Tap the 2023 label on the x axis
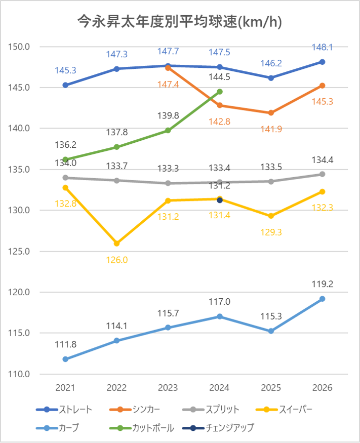pos(168,388)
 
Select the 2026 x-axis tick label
pos(322,388)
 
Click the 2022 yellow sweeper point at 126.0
pos(117,244)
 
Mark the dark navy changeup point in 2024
pos(220,200)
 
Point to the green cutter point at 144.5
pos(220,92)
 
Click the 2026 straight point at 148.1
pos(322,62)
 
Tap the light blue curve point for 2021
pos(65,359)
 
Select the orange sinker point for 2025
pos(271,113)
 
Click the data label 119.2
pos(322,285)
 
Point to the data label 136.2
pos(65,144)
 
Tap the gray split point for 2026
pos(322,174)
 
